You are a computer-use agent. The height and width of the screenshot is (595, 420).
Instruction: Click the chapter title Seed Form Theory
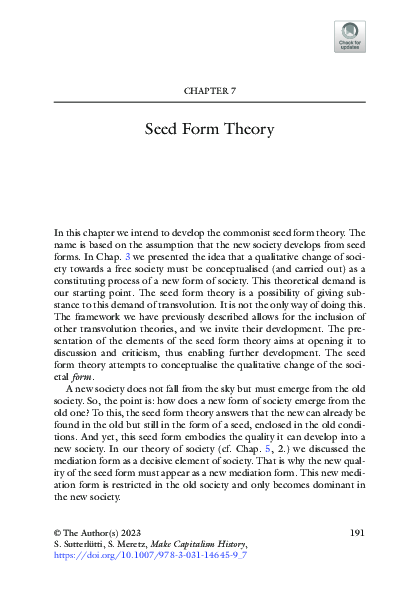[210, 130]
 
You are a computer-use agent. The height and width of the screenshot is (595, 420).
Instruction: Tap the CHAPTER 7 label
[210, 91]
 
